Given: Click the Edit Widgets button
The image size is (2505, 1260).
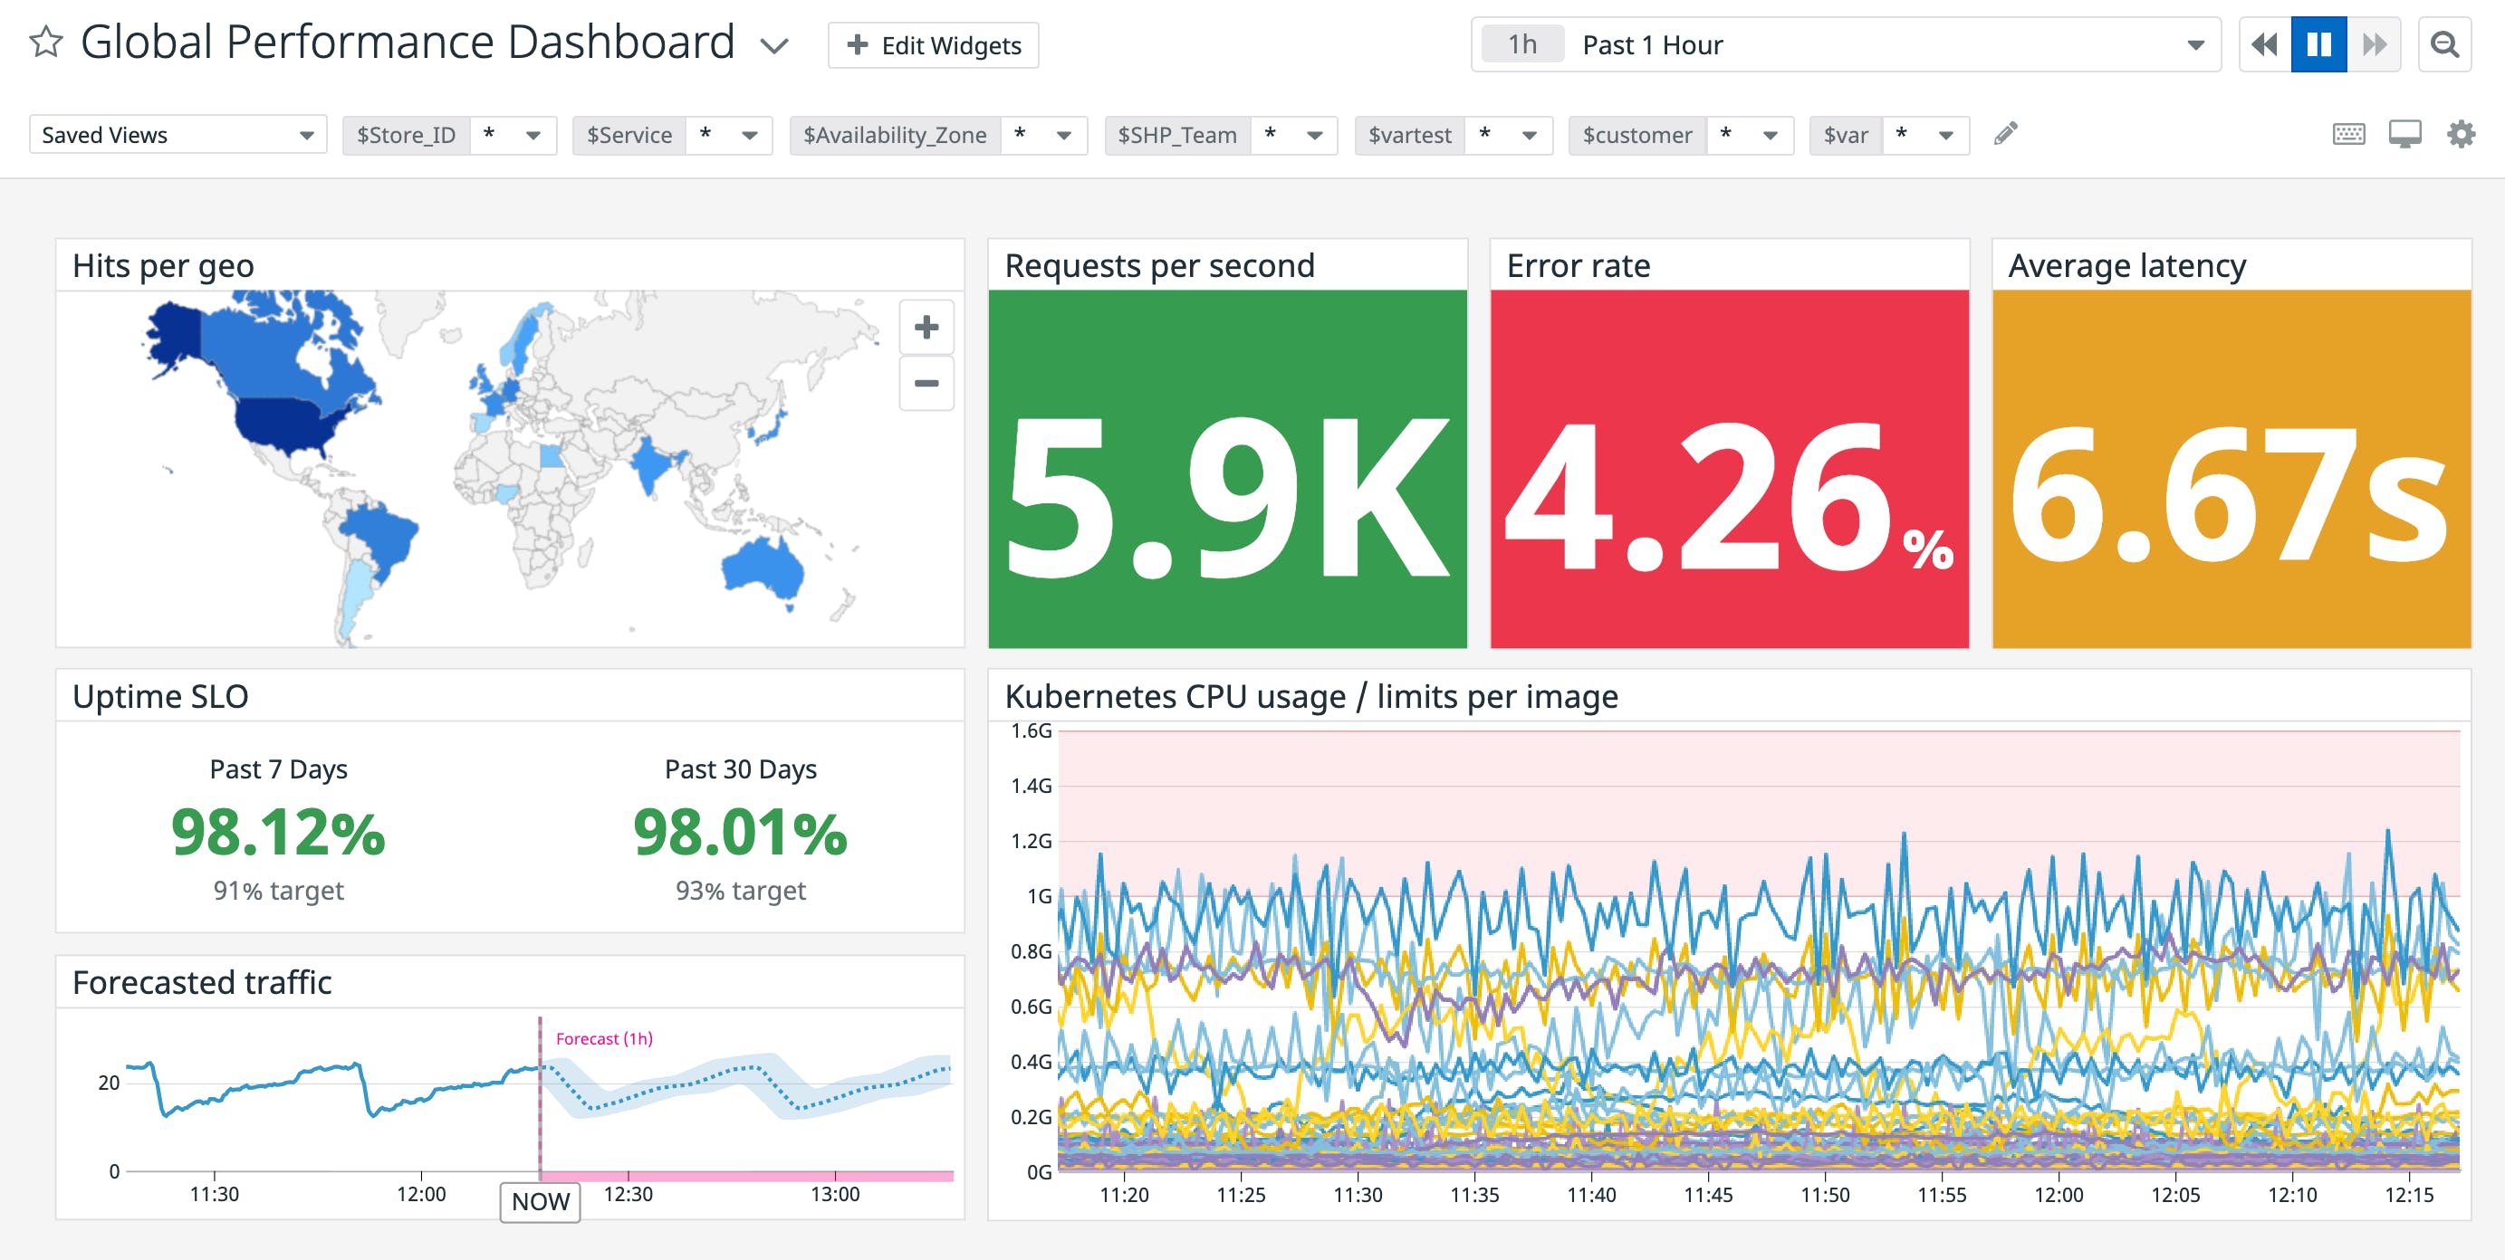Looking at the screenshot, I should pyautogui.click(x=933, y=45).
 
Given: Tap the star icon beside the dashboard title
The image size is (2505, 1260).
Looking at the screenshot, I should pyautogui.click(x=45, y=43).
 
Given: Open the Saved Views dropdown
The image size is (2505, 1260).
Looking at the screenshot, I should pyautogui.click(x=178, y=135).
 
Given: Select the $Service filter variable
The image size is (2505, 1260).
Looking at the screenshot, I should pyautogui.click(x=629, y=135).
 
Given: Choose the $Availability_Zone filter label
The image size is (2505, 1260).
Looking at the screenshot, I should pyautogui.click(x=894, y=135).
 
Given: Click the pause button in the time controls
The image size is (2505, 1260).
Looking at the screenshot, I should pyautogui.click(x=2318, y=44).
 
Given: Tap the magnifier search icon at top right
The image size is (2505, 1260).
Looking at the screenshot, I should pyautogui.click(x=2443, y=44).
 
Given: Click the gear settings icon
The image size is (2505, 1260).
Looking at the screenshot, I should pyautogui.click(x=2461, y=134).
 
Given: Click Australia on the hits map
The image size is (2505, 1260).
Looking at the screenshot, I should pyautogui.click(x=764, y=568).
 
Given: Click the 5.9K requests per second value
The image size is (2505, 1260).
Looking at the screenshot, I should pyautogui.click(x=1227, y=497).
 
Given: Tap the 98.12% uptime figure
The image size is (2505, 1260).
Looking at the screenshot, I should pyautogui.click(x=278, y=833).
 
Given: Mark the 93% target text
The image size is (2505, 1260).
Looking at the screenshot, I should pyautogui.click(x=740, y=891).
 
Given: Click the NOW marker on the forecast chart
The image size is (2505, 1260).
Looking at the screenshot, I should pyautogui.click(x=540, y=1202).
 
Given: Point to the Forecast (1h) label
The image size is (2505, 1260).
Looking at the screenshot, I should pyautogui.click(x=604, y=1038).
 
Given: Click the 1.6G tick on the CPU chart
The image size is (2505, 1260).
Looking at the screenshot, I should pyautogui.click(x=1031, y=731).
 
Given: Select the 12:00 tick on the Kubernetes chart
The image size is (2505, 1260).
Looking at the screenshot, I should pyautogui.click(x=2059, y=1195).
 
